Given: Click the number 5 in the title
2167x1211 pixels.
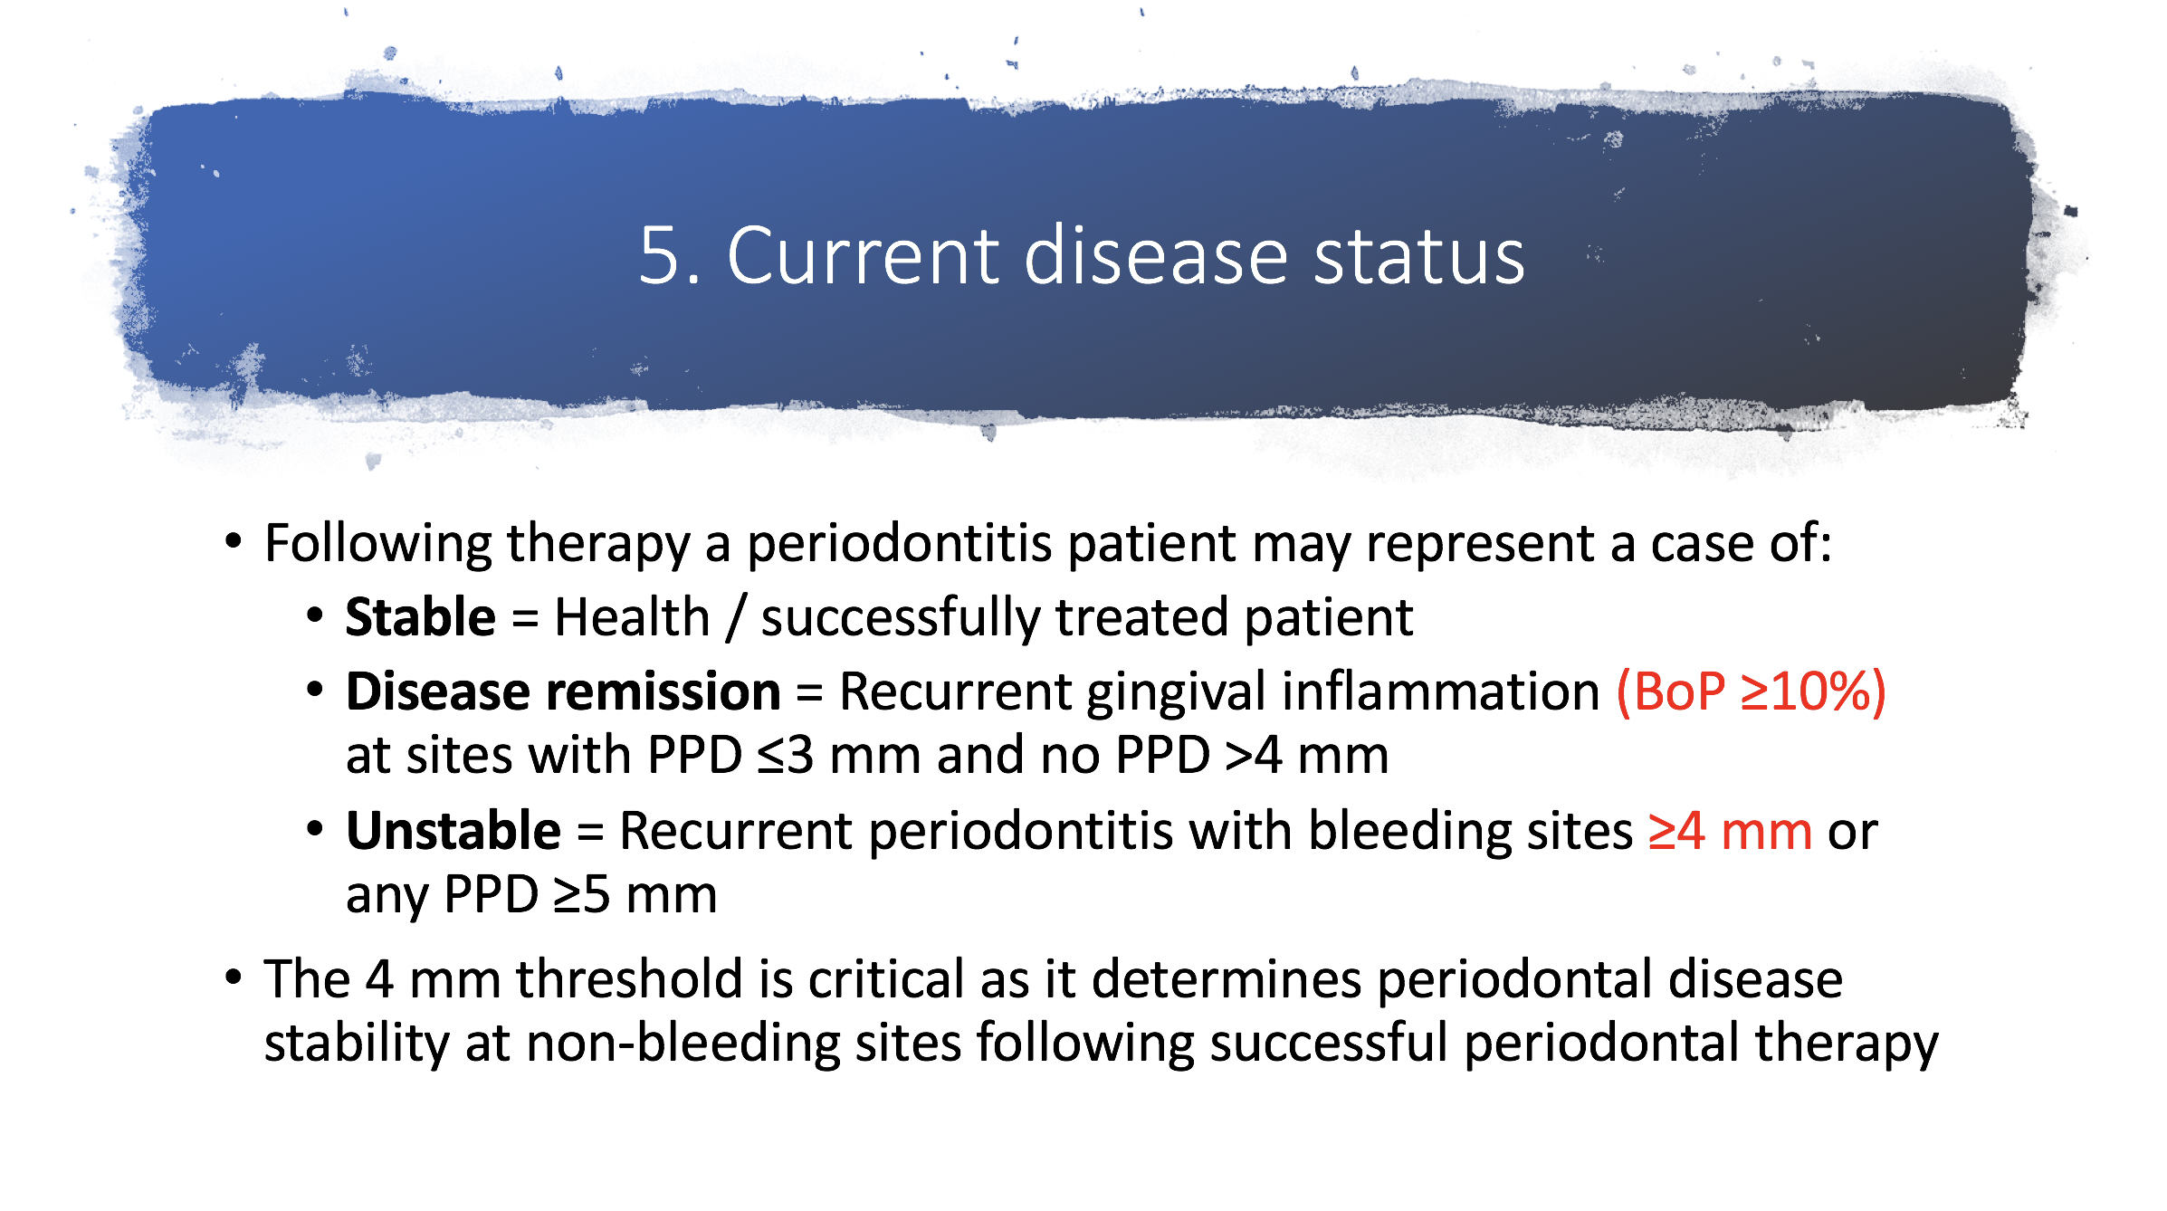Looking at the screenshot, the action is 659,256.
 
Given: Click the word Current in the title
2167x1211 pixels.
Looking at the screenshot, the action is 864,256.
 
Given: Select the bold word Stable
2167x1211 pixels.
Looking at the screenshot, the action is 421,617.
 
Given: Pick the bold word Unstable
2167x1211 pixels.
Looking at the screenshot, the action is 453,831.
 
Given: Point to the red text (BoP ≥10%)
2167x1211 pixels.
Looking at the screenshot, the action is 1752,692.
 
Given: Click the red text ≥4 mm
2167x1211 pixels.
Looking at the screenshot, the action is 1730,831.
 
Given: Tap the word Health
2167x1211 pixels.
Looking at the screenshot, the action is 632,617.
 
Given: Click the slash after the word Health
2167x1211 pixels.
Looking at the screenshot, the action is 736,619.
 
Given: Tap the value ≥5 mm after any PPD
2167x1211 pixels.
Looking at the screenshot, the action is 635,895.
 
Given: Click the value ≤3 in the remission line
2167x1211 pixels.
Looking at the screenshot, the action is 786,756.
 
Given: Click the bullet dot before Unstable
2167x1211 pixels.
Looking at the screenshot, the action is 315,829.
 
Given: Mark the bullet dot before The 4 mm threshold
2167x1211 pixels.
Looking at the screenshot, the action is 234,977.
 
